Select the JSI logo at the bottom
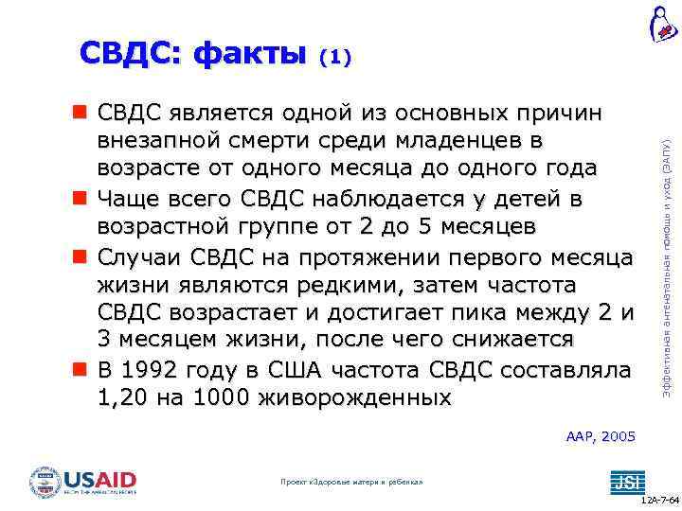[625, 481]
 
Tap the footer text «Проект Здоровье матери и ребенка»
[351, 483]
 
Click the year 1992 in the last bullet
[151, 370]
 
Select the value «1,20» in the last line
[124, 398]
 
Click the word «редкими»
[302, 285]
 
